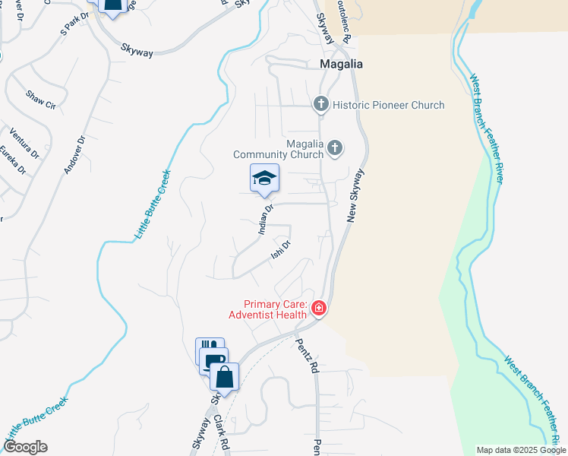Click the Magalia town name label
tap(340, 65)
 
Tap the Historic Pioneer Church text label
tap(389, 105)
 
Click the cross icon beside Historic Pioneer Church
tap(321, 104)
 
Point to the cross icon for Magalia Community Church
tap(335, 148)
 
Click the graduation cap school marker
tap(264, 179)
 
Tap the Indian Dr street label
tap(265, 220)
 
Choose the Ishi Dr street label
tap(282, 251)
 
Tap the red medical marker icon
tap(319, 309)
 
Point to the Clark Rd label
tap(221, 429)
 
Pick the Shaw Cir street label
tap(41, 100)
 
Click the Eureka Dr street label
tap(17, 160)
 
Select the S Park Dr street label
tap(74, 25)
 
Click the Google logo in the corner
tap(24, 447)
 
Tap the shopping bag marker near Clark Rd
tap(225, 376)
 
